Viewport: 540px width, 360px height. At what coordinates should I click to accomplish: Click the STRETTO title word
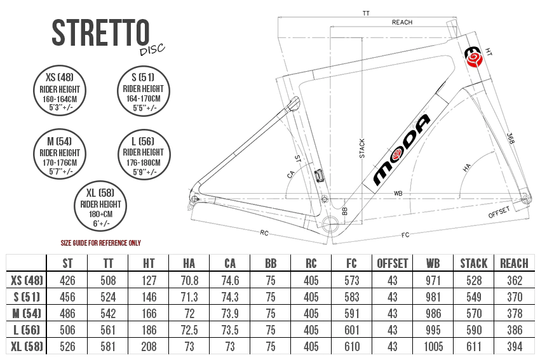[100, 32]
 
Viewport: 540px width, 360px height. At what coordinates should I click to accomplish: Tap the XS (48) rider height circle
[60, 91]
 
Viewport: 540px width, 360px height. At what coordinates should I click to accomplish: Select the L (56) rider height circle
[144, 154]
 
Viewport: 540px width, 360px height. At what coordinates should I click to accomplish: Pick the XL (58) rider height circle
[100, 206]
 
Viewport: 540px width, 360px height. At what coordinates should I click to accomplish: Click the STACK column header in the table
[474, 263]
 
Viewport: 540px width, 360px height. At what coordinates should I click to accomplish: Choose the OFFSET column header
[392, 263]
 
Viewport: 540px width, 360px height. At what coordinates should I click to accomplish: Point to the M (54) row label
[27, 314]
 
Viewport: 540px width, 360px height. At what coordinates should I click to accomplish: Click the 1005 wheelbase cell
[433, 347]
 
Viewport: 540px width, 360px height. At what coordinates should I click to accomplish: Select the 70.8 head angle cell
[189, 281]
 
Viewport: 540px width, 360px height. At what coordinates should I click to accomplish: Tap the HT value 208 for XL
[149, 347]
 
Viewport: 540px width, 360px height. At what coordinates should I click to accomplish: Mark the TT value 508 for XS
[108, 281]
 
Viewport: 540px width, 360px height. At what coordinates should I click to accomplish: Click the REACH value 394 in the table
[515, 347]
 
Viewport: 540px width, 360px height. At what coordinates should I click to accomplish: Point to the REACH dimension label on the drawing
[402, 22]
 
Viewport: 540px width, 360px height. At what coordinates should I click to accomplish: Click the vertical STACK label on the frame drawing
[362, 149]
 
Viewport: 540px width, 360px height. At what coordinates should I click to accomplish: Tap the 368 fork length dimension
[511, 138]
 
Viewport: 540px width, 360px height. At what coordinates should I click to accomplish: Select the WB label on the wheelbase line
[398, 194]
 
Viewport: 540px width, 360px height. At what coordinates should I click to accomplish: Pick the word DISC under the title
[152, 50]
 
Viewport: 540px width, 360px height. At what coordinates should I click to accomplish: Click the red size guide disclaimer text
[101, 243]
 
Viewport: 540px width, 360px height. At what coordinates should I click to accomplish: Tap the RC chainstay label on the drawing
[264, 233]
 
